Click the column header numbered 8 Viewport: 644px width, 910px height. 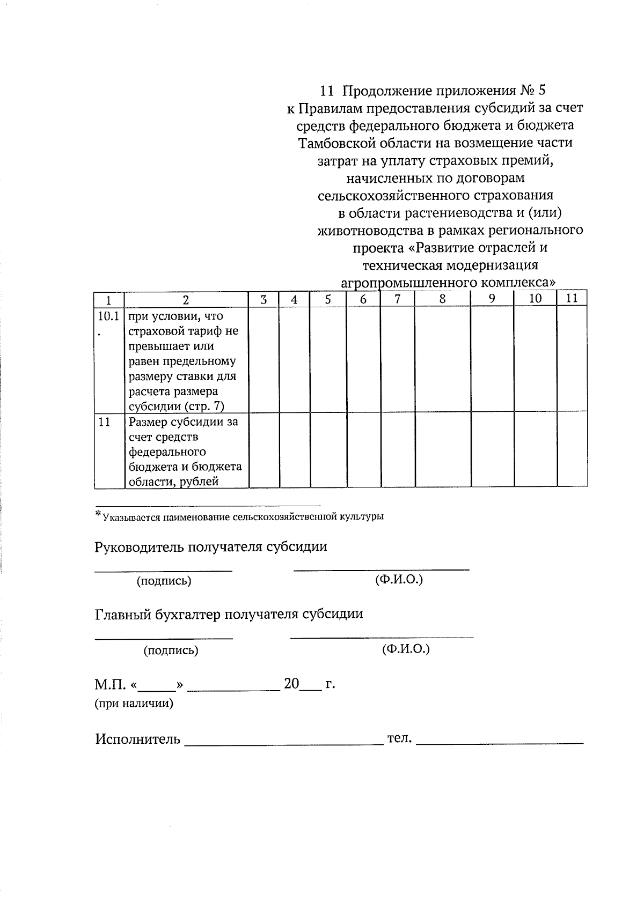click(442, 299)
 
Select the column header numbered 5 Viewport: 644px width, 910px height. click(327, 299)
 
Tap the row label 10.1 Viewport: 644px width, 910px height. click(108, 316)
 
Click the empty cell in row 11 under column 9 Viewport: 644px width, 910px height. click(492, 450)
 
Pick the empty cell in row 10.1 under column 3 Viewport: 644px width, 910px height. click(264, 359)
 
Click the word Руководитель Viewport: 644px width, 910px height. click(138, 547)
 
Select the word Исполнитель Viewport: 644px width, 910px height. click(138, 739)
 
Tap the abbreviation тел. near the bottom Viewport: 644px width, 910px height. click(399, 738)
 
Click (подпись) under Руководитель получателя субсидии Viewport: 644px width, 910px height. click(164, 581)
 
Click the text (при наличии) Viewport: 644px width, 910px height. click(134, 704)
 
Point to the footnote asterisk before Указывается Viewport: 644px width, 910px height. click(98, 515)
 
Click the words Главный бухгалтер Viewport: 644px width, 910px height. click(158, 614)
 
